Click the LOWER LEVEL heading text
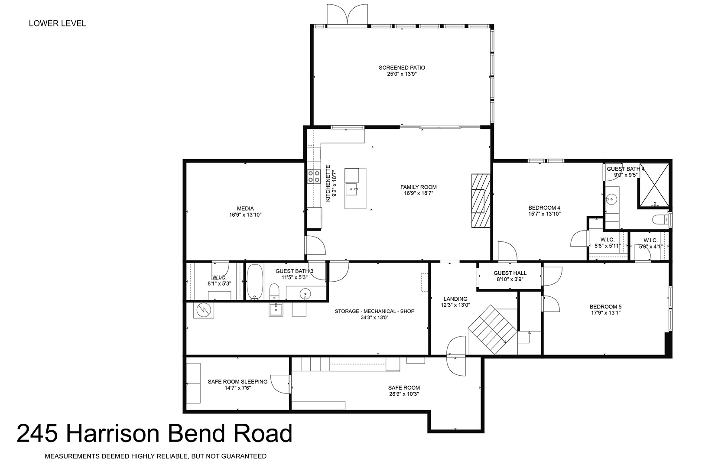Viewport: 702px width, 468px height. click(x=57, y=23)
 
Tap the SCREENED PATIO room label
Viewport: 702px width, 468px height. click(x=402, y=68)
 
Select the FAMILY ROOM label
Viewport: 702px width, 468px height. click(x=418, y=187)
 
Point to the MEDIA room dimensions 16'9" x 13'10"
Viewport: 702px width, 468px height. click(x=245, y=215)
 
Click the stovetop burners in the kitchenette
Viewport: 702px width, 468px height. click(x=314, y=176)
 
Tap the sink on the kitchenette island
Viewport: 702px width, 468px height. click(x=351, y=189)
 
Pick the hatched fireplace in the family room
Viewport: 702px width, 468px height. click(x=481, y=201)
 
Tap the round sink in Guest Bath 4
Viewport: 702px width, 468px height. click(x=611, y=199)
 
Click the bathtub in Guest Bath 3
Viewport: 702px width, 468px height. click(x=255, y=282)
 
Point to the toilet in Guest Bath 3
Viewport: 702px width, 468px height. click(x=274, y=292)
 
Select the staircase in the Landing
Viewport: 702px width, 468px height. click(x=492, y=329)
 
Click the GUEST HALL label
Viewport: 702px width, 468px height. click(x=510, y=273)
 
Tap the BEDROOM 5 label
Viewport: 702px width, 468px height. click(x=605, y=306)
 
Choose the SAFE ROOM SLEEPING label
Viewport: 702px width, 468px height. click(x=237, y=382)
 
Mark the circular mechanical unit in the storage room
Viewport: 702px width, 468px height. click(x=203, y=310)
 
